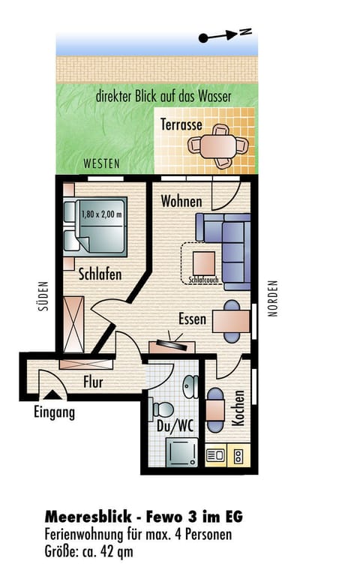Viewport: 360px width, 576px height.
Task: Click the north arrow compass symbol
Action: pos(225,35)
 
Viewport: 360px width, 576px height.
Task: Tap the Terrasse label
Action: pos(181,124)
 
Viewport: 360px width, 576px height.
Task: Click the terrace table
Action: pos(217,146)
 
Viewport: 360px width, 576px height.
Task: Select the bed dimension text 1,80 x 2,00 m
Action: pos(101,214)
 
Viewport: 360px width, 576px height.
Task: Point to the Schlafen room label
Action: pos(100,274)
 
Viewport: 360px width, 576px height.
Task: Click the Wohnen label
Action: pos(181,202)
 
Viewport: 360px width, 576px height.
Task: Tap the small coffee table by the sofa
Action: pos(204,263)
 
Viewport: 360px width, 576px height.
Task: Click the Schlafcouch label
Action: pos(203,280)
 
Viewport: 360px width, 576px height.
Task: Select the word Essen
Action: pos(192,319)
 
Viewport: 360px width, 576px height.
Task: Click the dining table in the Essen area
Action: pos(232,322)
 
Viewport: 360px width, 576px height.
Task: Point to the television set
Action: pos(172,344)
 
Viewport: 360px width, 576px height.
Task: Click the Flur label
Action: pos(93,382)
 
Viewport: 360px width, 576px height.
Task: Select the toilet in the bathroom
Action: pos(161,409)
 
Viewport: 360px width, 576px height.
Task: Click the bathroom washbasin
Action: pos(190,386)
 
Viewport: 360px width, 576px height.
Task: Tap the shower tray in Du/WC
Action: pos(181,452)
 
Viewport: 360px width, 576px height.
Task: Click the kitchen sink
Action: pos(216,455)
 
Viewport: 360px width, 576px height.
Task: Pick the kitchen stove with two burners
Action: pos(238,456)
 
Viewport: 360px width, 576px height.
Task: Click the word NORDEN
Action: pos(273,298)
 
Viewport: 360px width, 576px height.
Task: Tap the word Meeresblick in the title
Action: pos(88,517)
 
